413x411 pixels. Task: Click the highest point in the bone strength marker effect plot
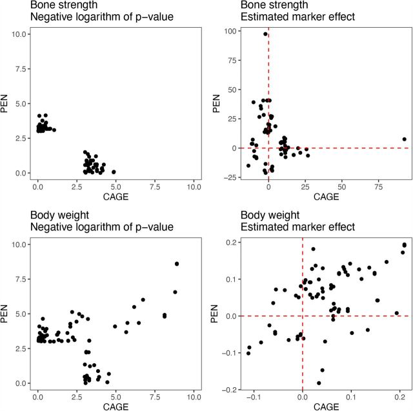pos(265,34)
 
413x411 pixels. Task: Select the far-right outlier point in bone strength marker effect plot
pos(404,139)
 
